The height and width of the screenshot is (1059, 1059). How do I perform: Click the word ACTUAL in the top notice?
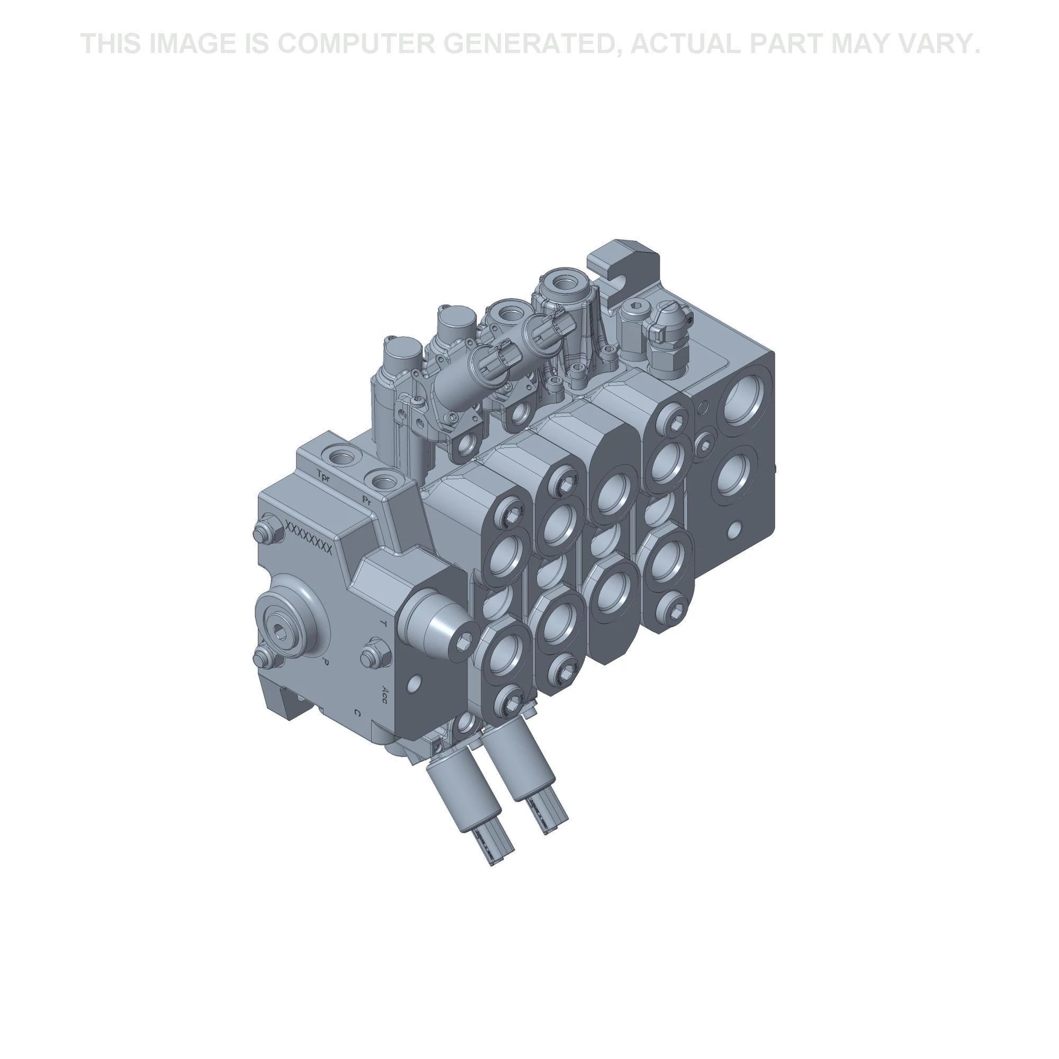687,43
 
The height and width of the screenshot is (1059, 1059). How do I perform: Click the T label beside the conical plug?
383,624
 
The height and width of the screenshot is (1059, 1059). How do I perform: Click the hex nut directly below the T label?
374,654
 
